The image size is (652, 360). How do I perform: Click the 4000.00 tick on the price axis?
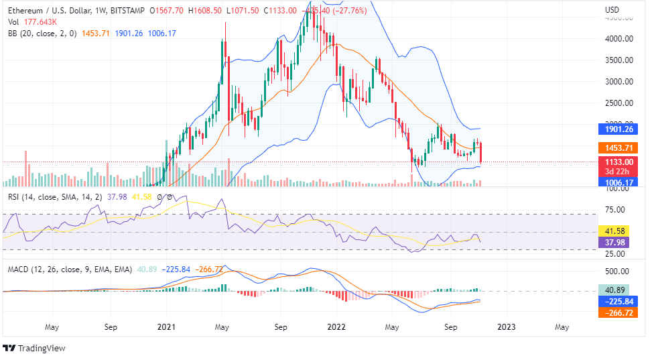point(619,39)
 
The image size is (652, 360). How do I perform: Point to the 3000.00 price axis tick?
point(619,82)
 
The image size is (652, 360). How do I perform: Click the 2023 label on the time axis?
point(505,327)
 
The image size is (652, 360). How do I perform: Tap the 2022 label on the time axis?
point(336,327)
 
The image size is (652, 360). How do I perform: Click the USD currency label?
point(612,10)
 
